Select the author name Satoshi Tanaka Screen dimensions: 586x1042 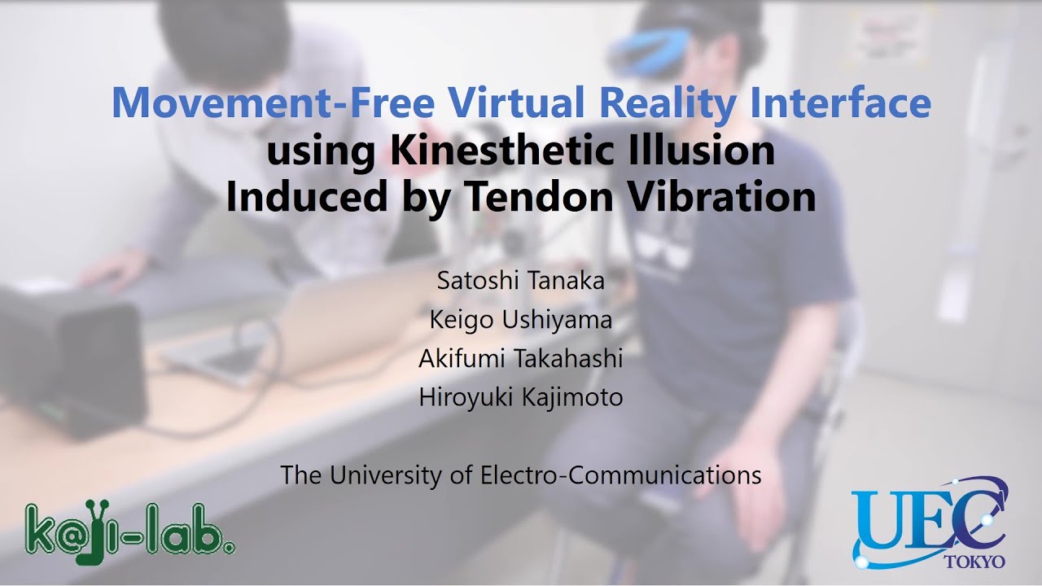tap(520, 281)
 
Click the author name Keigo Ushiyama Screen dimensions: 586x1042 tap(520, 320)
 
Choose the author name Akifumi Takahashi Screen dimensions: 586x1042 tap(520, 358)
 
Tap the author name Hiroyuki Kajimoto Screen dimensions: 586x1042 tap(520, 397)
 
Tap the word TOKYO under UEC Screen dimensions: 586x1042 tap(974, 562)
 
